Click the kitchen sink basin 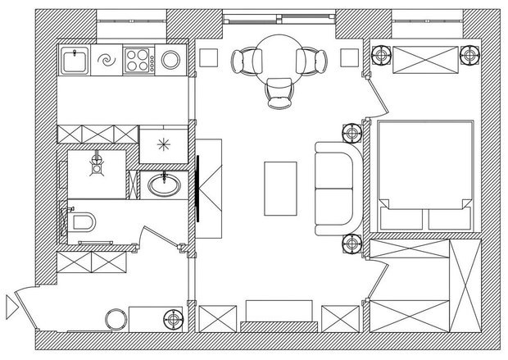coord(76,60)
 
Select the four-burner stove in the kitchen coord(137,59)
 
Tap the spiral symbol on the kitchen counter coord(107,60)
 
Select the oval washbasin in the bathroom coord(166,185)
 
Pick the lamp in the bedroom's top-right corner coord(467,56)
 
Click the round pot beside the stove coord(171,59)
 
